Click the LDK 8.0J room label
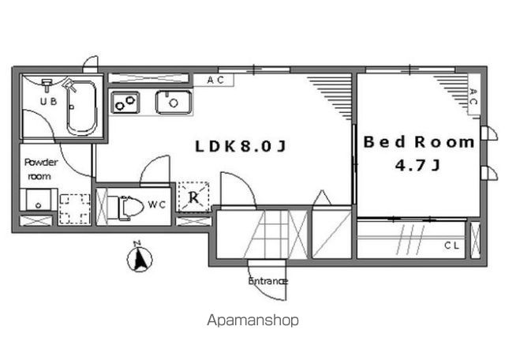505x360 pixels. point(240,146)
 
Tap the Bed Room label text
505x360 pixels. point(419,142)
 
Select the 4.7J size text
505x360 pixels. point(417,166)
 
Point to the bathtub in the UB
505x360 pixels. point(81,108)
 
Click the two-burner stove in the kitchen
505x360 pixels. point(125,103)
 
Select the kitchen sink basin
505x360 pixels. point(174,102)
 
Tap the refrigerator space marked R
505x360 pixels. point(194,197)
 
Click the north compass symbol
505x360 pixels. point(140,257)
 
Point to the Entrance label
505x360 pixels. point(267,281)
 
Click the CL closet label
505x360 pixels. point(451,246)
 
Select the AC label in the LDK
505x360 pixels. point(215,81)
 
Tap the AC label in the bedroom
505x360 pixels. point(473,96)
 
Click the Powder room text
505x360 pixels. point(41,169)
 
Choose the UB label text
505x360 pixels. point(48,102)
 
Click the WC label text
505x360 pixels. point(157,204)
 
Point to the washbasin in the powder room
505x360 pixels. point(39,201)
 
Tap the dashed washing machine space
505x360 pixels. point(75,209)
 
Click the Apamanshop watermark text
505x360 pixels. point(252,321)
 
